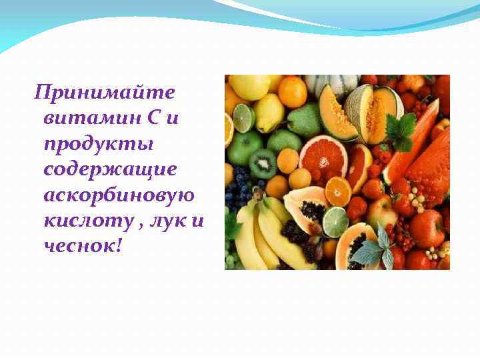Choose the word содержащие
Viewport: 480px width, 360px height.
click(110, 169)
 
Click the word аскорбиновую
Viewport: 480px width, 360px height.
click(119, 195)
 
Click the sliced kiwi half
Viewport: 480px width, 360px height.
click(263, 163)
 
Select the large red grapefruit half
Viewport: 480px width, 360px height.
click(323, 156)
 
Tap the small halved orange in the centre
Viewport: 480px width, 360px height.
click(338, 191)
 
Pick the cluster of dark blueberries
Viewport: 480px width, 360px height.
click(240, 189)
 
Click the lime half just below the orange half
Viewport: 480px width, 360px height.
click(335, 221)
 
